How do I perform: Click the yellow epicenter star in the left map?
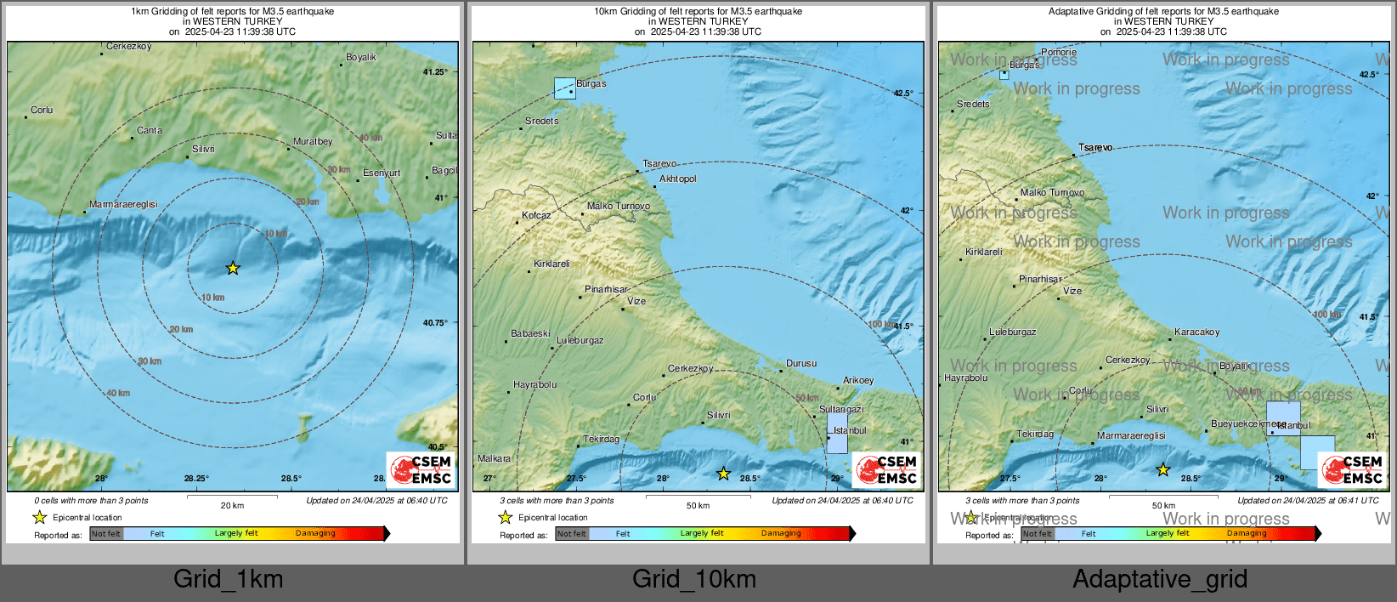tap(233, 268)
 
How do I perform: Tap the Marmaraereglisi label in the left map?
tap(123, 205)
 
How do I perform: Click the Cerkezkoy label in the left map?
tap(129, 47)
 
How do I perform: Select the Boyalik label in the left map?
tap(361, 58)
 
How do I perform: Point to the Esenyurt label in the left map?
tap(382, 173)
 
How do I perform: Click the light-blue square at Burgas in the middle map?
tap(564, 88)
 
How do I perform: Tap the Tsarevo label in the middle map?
tap(659, 163)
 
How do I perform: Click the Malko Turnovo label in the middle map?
tap(619, 207)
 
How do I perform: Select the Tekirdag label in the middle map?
tap(602, 440)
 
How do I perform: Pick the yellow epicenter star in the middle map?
tap(723, 474)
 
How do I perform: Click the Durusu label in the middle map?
tap(801, 364)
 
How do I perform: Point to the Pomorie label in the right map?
tap(1059, 53)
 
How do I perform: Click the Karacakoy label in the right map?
tap(1197, 332)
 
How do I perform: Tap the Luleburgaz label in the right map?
tap(1013, 332)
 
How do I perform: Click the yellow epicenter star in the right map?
tap(1163, 469)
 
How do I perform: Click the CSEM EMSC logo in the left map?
tap(421, 469)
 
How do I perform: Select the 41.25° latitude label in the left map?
tap(435, 72)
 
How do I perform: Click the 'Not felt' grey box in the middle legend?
tap(572, 534)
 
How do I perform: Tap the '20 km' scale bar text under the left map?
tap(232, 505)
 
